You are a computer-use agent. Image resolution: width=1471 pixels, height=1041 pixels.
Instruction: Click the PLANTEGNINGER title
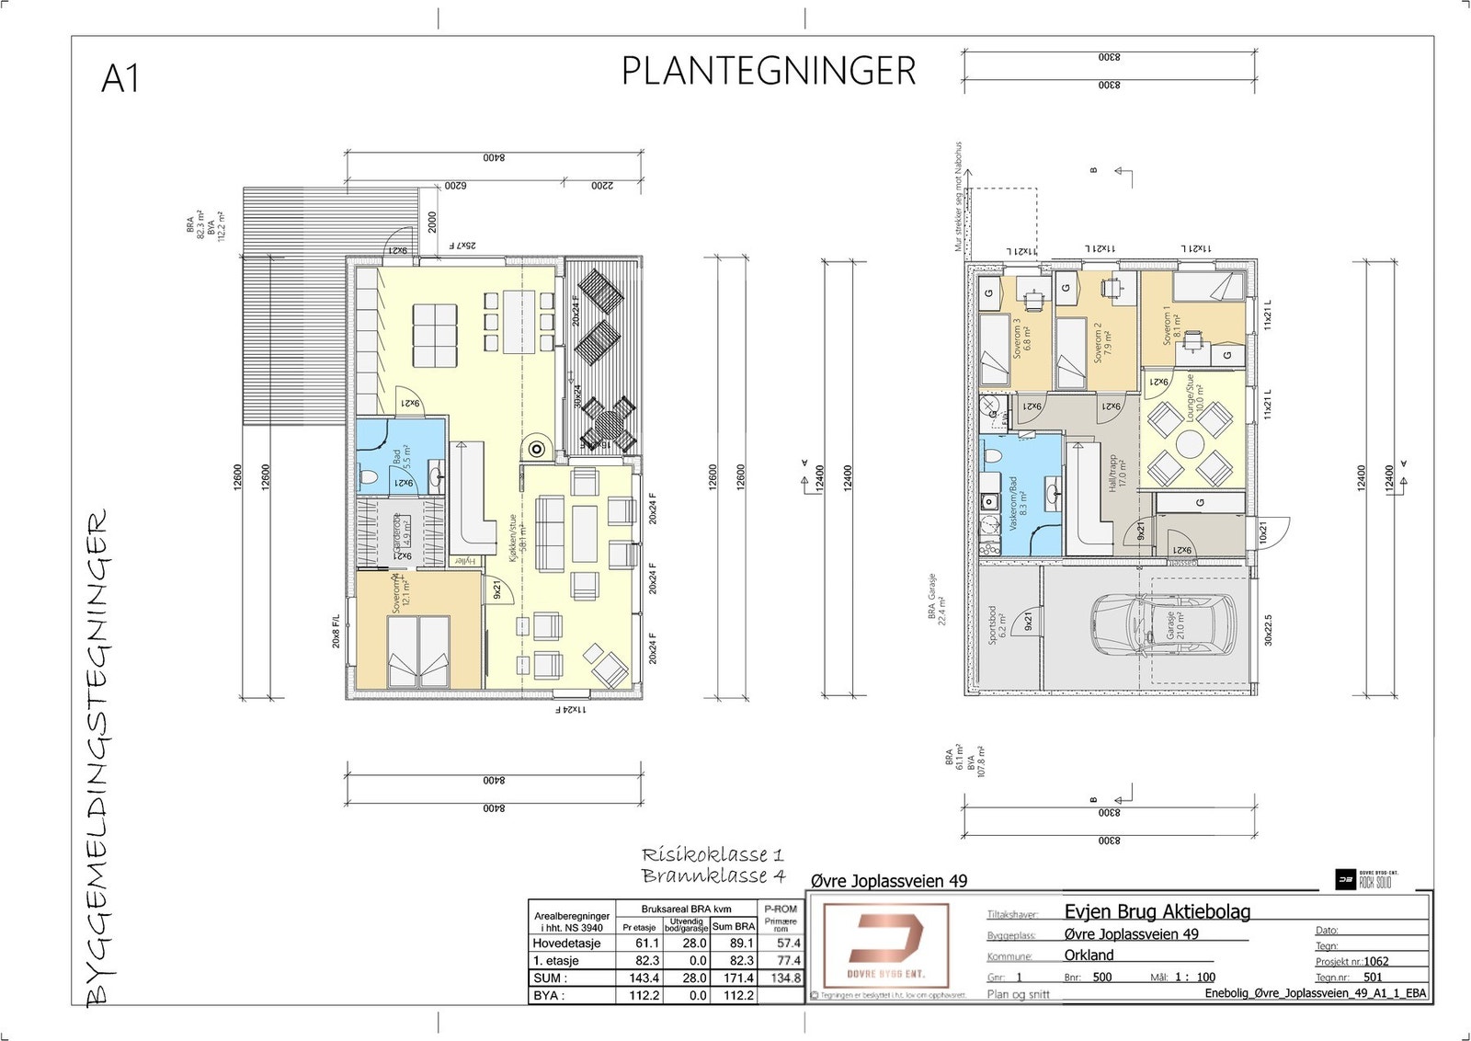pos(769,72)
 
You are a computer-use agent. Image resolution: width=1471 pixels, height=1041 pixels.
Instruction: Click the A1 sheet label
pos(120,79)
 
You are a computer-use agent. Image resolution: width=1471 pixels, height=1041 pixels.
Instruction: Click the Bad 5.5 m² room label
pos(401,458)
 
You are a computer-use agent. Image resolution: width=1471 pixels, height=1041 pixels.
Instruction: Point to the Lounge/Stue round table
pos(1190,446)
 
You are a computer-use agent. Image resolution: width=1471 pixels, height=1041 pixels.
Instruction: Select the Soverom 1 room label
pos(1171,326)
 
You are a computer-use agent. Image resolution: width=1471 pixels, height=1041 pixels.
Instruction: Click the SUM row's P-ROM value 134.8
pos(785,978)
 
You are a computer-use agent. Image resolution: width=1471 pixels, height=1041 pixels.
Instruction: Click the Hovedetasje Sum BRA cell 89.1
pos(741,943)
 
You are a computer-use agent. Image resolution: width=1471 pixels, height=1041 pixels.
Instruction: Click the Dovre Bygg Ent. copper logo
pos(885,944)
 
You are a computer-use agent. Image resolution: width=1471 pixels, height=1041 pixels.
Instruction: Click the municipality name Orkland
pos(1089,955)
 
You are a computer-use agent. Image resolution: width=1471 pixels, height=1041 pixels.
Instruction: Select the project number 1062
pos(1376,961)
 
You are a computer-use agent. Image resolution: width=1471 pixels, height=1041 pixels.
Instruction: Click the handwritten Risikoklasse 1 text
pos(713,855)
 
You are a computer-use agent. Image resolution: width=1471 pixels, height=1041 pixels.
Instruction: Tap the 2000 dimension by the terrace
pos(431,223)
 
